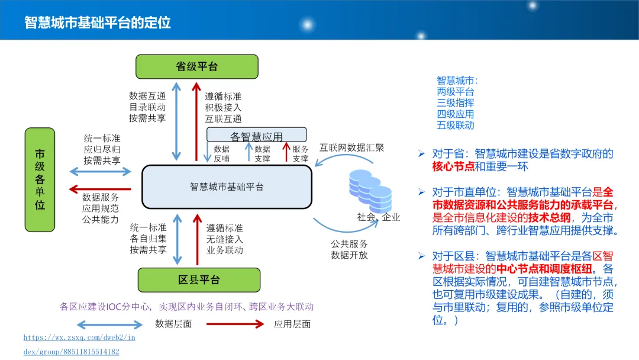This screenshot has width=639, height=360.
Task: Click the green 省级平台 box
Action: [197, 66]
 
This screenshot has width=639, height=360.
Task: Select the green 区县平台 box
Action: [199, 280]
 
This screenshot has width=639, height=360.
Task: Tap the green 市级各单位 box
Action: [40, 180]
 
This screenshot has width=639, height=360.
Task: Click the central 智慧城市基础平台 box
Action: [227, 187]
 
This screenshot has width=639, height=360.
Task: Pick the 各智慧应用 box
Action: [256, 136]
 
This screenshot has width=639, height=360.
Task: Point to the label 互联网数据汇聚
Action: [352, 147]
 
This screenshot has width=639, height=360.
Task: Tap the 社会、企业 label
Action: [379, 217]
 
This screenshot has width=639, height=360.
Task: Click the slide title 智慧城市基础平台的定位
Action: [98, 22]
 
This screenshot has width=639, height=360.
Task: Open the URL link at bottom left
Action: [79, 344]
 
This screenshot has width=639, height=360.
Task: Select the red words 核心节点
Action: [453, 166]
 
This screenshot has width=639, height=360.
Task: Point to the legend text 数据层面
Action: [173, 324]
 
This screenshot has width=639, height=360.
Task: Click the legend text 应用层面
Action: [292, 324]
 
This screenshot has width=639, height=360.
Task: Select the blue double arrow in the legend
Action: [110, 324]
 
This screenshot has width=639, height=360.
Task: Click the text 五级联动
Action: [455, 125]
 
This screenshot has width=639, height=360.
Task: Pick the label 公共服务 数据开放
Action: [349, 249]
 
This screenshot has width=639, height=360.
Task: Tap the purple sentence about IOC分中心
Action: [186, 307]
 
